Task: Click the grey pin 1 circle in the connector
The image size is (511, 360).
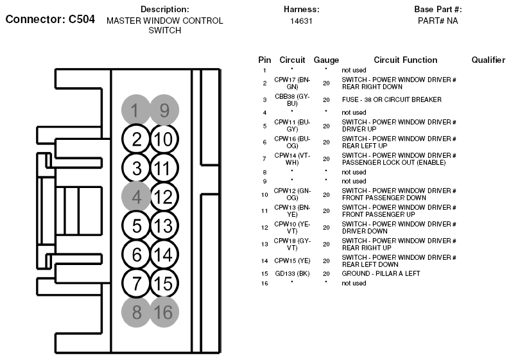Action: (136, 110)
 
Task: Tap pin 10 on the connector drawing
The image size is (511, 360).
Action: (164, 139)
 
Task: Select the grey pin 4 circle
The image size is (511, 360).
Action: (136, 197)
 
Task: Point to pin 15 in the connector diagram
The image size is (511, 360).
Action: (164, 283)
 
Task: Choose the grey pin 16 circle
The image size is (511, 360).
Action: (164, 312)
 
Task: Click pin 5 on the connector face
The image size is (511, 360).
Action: (136, 225)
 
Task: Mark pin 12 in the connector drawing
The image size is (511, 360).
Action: (164, 197)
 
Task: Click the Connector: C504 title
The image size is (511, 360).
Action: (50, 19)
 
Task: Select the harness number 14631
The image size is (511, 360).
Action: (302, 21)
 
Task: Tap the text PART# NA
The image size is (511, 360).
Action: (438, 21)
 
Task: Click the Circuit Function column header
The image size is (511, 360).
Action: (406, 60)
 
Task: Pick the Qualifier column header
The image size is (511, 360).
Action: (488, 60)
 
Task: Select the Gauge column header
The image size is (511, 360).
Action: (326, 60)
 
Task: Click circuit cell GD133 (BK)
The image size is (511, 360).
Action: (292, 273)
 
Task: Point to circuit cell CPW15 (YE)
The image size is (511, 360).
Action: (292, 261)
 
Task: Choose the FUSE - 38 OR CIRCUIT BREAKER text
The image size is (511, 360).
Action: (392, 99)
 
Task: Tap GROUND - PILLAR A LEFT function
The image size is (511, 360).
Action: (381, 273)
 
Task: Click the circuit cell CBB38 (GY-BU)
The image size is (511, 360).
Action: (292, 100)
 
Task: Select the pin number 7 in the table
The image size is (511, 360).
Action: (264, 159)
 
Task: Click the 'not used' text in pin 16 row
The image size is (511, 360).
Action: (354, 284)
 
